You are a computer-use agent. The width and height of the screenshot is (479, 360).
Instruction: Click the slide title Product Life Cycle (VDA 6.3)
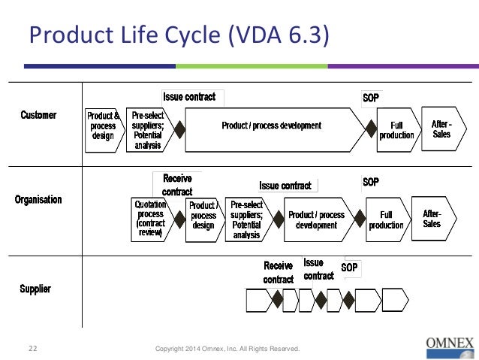(x=179, y=36)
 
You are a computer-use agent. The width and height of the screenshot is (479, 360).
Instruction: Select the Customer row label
(x=38, y=115)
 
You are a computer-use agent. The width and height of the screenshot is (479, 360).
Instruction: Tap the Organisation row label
(x=38, y=200)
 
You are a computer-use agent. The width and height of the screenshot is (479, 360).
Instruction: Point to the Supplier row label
(x=35, y=289)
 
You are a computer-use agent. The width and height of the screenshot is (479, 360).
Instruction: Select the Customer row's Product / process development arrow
(x=272, y=126)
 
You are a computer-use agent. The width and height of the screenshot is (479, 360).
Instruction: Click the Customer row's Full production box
(x=396, y=130)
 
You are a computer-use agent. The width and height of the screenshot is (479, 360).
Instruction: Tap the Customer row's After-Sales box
(x=441, y=129)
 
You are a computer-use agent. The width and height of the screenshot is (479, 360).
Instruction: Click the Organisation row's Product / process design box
(x=203, y=215)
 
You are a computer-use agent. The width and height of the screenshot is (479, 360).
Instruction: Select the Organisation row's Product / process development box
(x=317, y=219)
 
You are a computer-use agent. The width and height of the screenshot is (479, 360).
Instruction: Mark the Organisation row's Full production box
(x=387, y=219)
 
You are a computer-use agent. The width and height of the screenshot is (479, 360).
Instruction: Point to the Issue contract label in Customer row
(x=189, y=97)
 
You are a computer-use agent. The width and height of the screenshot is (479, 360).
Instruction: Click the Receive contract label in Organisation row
(x=177, y=185)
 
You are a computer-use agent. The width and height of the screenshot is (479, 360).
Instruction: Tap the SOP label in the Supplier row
(x=350, y=267)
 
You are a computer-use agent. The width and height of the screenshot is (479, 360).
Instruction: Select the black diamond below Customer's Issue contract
(x=180, y=129)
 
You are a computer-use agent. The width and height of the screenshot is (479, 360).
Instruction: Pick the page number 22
(x=33, y=349)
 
